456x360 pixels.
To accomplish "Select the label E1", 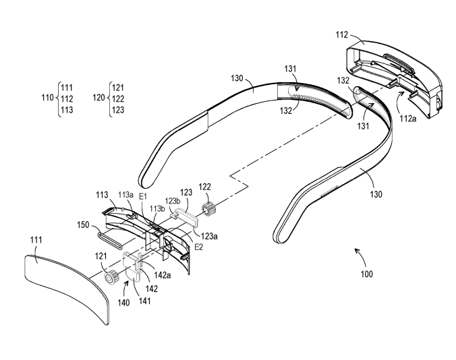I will [x=142, y=196].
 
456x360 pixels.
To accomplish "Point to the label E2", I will [x=199, y=247].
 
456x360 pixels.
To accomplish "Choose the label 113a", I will [x=125, y=195].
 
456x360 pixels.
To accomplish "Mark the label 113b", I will [x=157, y=208].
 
